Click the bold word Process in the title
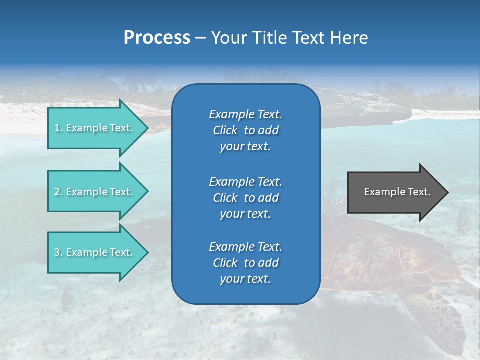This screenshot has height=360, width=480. pyautogui.click(x=157, y=38)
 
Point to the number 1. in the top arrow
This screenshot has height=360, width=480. pyautogui.click(x=58, y=128)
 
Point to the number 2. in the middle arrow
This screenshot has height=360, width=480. pyautogui.click(x=58, y=192)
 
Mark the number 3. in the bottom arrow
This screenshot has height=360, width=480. pyautogui.click(x=58, y=252)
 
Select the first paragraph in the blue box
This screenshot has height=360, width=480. pyautogui.click(x=245, y=130)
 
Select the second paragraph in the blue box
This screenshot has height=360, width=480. pyautogui.click(x=245, y=197)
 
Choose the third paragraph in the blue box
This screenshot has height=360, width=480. pyautogui.click(x=245, y=263)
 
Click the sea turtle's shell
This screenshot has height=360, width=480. pyautogui.click(x=385, y=255)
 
